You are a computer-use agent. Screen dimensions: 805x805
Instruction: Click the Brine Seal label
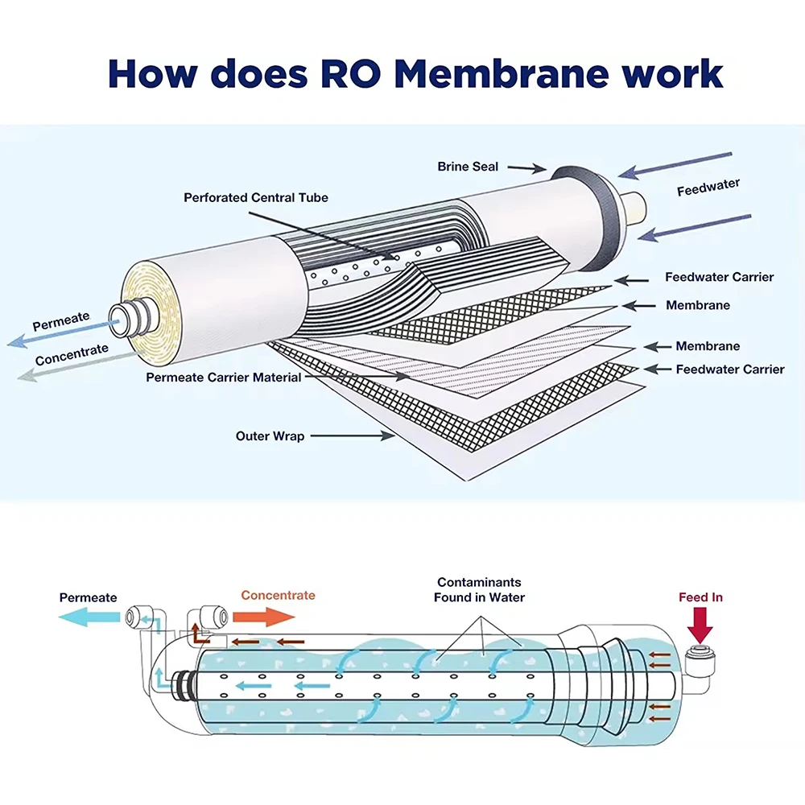[x=468, y=167]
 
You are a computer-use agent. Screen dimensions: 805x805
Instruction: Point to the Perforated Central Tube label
[x=256, y=197]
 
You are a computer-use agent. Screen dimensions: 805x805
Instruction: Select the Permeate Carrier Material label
[x=224, y=377]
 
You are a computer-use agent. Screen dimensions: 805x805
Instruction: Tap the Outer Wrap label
[x=270, y=436]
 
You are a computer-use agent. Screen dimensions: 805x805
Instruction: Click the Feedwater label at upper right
[x=708, y=188]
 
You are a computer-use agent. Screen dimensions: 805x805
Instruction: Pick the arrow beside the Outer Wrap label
[x=352, y=436]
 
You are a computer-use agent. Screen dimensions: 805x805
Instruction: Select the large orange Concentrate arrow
[x=265, y=617]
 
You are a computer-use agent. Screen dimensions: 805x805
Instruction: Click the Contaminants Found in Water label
[x=479, y=589]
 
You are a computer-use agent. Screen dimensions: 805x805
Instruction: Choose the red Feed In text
[x=700, y=597]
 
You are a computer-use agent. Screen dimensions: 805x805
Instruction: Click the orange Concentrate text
[x=278, y=595]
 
